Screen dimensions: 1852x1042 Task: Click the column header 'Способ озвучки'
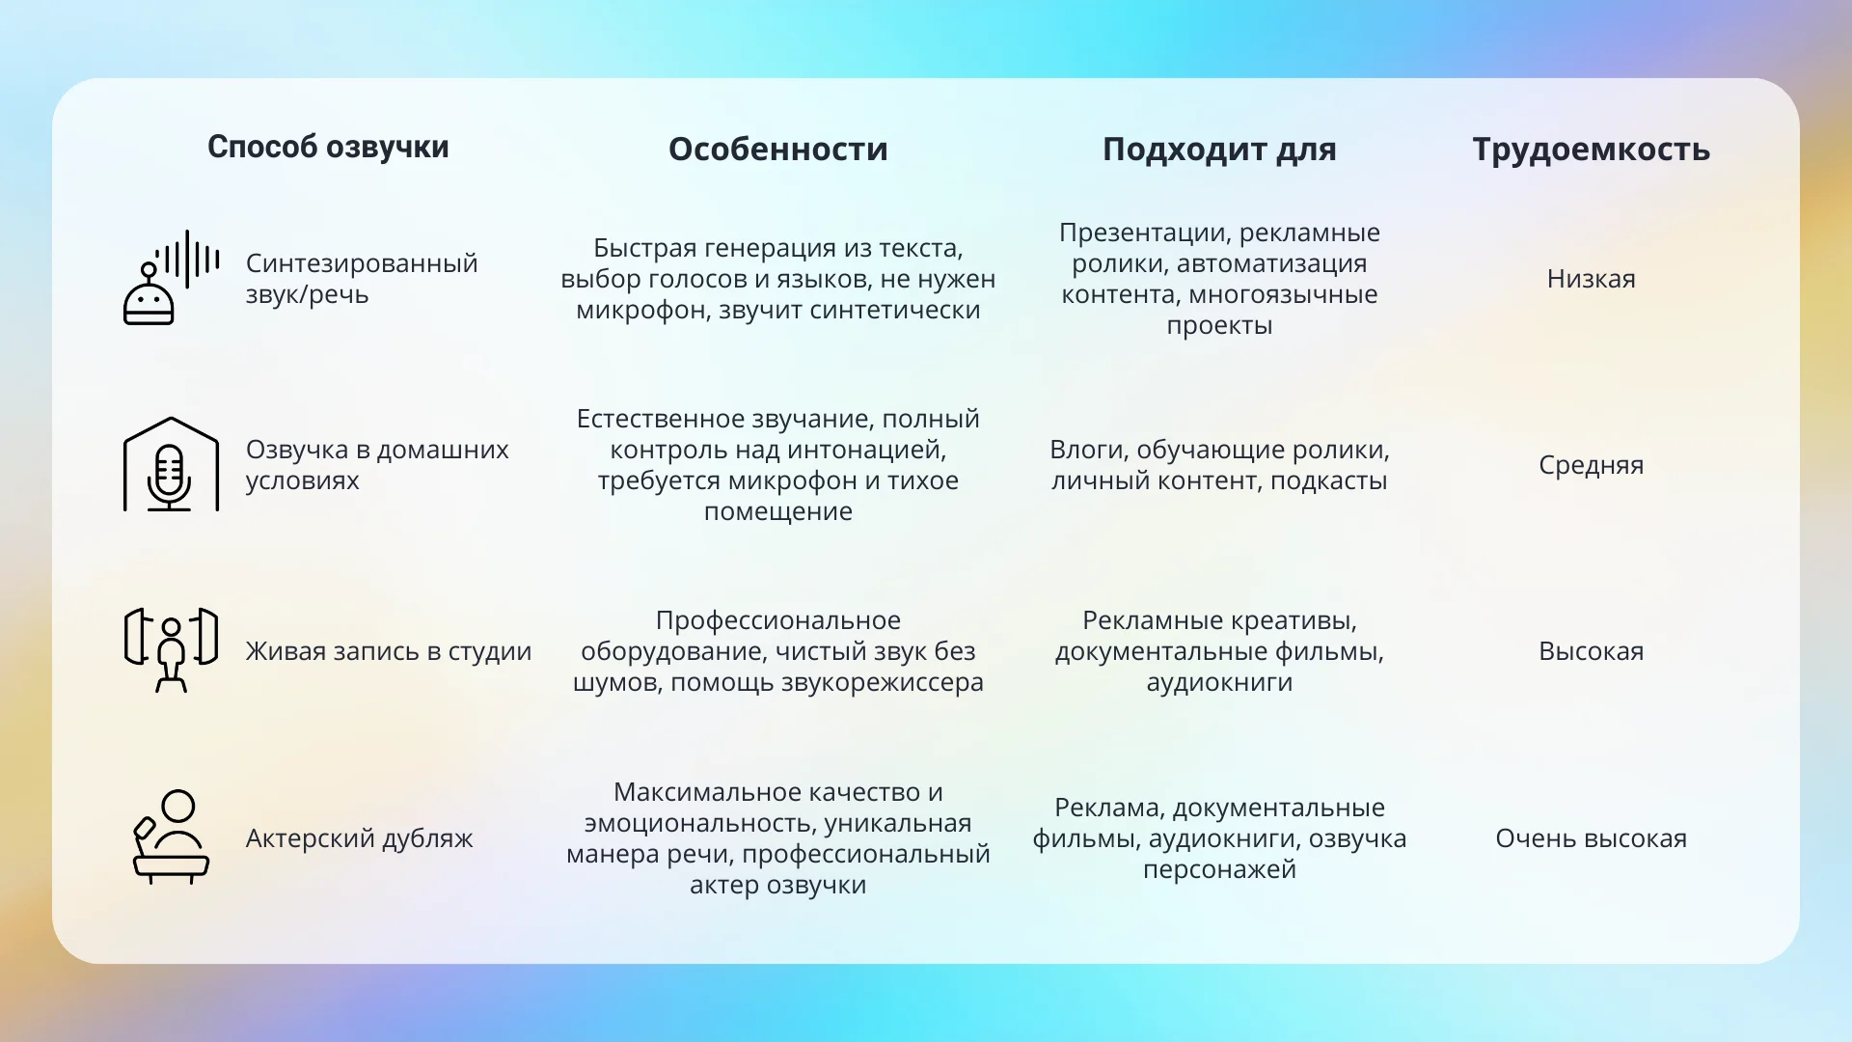tap(328, 148)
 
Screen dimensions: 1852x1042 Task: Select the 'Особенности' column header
tap(777, 150)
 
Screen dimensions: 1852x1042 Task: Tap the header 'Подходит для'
tap(1219, 150)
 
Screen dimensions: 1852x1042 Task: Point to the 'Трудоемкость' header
tap(1591, 151)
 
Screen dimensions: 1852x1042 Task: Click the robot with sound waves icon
tap(171, 278)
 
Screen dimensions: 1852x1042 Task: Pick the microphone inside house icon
tap(171, 464)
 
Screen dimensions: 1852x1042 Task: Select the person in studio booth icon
tap(171, 650)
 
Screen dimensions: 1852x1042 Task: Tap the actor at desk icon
tap(171, 836)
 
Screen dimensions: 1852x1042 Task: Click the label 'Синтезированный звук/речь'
tap(362, 279)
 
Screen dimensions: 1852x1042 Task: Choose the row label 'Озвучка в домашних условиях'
tap(377, 465)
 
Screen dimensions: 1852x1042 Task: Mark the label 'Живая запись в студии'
tap(389, 651)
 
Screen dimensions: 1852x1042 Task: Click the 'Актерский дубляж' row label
tap(359, 837)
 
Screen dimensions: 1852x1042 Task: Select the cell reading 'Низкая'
tap(1591, 279)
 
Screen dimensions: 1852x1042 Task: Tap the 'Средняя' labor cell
tap(1591, 465)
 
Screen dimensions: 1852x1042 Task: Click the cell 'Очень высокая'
tap(1591, 837)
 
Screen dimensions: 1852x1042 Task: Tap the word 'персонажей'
tap(1219, 869)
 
